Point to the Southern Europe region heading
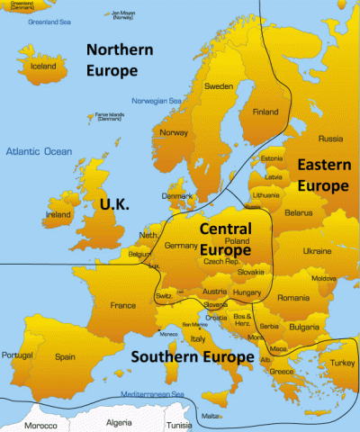(x=193, y=357)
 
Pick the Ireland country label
(x=58, y=216)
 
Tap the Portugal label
(x=19, y=355)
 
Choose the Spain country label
(x=66, y=356)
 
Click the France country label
(x=123, y=305)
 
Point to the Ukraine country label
(x=317, y=250)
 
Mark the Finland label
(x=265, y=112)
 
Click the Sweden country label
(x=219, y=86)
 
